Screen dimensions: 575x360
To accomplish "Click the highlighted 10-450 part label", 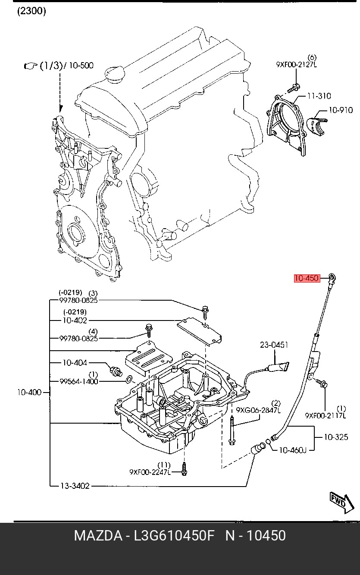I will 307,278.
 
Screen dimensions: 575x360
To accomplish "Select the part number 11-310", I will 319,96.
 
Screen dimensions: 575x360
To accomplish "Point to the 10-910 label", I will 341,110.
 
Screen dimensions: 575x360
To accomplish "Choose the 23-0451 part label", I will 274,345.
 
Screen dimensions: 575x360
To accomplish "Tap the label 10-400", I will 29,392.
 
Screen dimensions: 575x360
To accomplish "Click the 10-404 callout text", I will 74,363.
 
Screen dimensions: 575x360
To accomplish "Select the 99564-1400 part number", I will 78,381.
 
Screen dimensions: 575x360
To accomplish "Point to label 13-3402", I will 75,486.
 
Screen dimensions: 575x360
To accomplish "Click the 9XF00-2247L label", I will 150,472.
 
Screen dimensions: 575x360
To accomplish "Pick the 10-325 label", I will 335,437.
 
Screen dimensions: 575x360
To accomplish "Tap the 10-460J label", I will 292,450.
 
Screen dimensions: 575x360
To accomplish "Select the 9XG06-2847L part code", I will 258,410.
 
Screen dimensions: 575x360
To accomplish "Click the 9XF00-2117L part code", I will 326,415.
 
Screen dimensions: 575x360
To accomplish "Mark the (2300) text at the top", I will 31,11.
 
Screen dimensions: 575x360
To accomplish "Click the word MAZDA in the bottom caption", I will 98,536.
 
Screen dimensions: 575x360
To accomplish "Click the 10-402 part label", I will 74,320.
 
